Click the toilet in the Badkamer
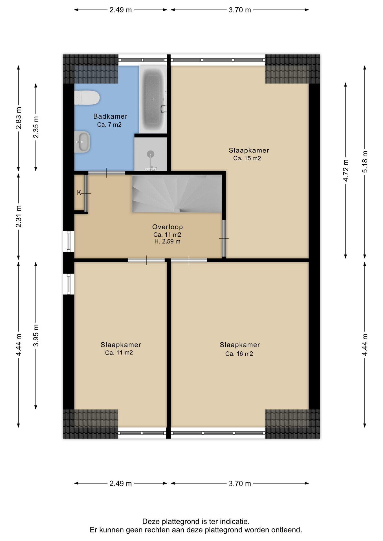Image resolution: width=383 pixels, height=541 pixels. (x=87, y=98)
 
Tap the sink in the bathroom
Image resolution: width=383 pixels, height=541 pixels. (x=82, y=142)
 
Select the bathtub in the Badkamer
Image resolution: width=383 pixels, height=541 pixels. (x=153, y=99)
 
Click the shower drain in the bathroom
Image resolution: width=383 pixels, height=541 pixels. (x=151, y=154)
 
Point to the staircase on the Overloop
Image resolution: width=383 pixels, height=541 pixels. (x=177, y=194)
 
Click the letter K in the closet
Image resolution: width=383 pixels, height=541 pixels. (x=79, y=192)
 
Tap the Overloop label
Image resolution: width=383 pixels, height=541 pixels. (x=168, y=227)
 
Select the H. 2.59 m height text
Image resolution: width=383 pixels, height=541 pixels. (x=167, y=241)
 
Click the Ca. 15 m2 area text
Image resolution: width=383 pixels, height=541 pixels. (x=247, y=158)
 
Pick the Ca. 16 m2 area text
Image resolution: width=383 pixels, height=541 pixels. (x=239, y=354)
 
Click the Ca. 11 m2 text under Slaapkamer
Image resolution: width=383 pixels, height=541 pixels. (x=119, y=353)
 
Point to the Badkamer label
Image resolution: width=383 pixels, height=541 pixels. (x=110, y=116)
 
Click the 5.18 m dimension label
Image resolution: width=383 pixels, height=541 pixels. (x=365, y=162)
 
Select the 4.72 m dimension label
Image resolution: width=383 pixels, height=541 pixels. (x=346, y=170)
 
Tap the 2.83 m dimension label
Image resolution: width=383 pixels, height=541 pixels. (x=19, y=118)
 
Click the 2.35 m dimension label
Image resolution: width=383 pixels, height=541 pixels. (x=36, y=127)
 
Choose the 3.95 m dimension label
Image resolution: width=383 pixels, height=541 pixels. (x=36, y=336)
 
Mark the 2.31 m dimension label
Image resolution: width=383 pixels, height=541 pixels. (x=19, y=216)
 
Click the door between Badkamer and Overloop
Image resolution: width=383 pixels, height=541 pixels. (x=107, y=173)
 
